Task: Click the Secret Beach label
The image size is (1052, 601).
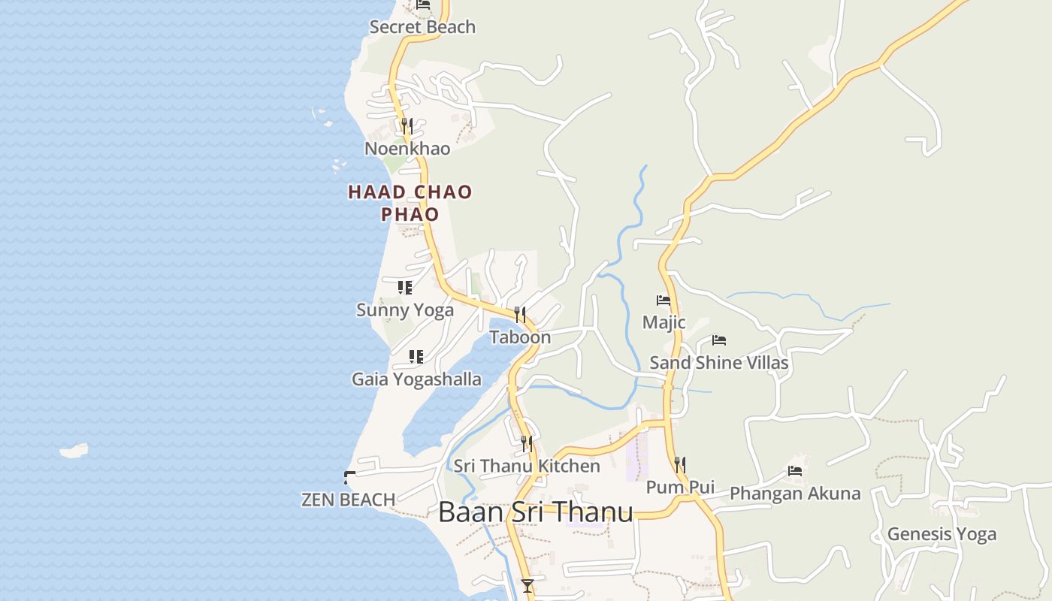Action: point(422,27)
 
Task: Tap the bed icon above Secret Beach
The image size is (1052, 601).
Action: point(423,5)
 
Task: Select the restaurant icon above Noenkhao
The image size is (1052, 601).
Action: point(407,125)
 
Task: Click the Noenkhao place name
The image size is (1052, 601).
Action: point(407,149)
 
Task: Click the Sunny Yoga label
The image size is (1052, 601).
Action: point(405,310)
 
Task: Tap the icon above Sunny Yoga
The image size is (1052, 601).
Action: point(405,287)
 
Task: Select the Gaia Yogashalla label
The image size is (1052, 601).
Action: point(416,379)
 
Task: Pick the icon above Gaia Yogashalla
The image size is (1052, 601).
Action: point(416,356)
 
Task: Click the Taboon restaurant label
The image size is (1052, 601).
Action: point(520,337)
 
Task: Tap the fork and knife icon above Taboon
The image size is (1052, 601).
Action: point(519,314)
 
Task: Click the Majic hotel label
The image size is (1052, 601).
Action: point(664,322)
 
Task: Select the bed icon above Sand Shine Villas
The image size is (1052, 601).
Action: point(719,340)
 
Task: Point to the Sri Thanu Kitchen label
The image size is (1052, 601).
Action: point(527,467)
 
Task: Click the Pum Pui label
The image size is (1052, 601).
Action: point(680,488)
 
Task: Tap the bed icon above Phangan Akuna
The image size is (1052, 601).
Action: point(795,471)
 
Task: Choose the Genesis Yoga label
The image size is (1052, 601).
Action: point(942,534)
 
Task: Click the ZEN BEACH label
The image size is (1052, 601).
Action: point(348,500)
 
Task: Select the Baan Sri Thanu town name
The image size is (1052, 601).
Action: point(535,512)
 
